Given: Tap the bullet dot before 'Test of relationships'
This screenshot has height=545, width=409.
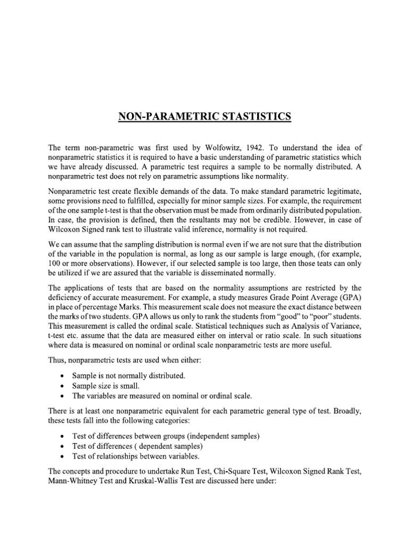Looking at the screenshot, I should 62,456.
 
